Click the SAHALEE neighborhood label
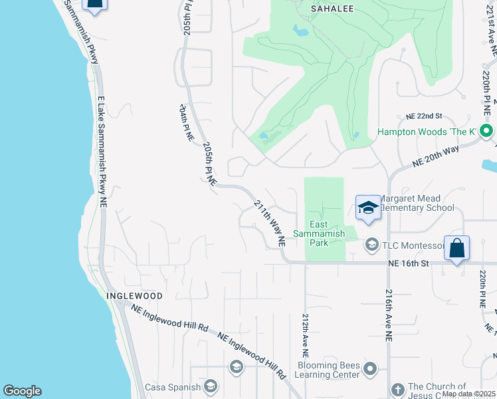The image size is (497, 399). pos(332,9)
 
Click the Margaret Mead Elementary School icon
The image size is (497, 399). pos(367,208)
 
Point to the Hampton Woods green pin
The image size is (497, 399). pos(487,131)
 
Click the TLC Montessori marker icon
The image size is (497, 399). pos(371,245)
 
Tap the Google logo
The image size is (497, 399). pos(22,391)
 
